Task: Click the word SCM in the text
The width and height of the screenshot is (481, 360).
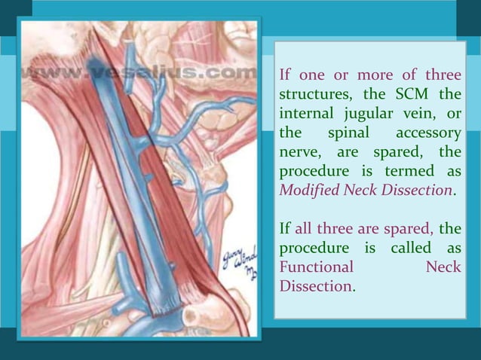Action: (x=410, y=96)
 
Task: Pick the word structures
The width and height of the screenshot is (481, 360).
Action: (x=311, y=96)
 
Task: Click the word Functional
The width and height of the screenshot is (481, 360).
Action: (x=316, y=267)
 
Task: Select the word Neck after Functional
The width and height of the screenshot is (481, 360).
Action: (x=443, y=267)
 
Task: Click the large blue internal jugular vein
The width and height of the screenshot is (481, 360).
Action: (x=127, y=188)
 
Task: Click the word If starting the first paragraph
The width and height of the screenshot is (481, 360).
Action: (x=286, y=76)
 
